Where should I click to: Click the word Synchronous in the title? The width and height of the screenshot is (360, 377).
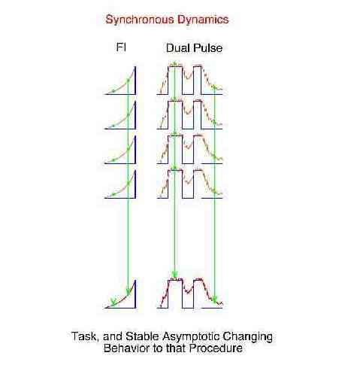[140, 20]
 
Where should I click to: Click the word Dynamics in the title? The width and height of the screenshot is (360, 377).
[203, 20]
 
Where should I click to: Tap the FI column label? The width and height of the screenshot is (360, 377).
[121, 47]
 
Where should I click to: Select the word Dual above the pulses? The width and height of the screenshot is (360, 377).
[177, 48]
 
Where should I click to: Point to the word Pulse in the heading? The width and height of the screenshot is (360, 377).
[207, 48]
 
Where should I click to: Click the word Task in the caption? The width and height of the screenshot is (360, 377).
[85, 336]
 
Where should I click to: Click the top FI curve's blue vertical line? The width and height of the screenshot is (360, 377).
[135, 81]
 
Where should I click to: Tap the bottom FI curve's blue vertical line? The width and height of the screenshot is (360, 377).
[135, 294]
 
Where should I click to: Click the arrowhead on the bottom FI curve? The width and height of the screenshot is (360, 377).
[128, 293]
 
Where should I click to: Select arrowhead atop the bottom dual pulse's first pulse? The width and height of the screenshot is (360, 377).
[174, 275]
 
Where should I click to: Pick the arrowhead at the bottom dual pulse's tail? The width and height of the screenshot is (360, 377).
[215, 299]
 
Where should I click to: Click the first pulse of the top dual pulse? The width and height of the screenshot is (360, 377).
[175, 81]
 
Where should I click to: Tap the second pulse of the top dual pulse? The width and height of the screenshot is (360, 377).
[198, 81]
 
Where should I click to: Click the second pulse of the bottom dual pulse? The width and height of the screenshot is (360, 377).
[198, 293]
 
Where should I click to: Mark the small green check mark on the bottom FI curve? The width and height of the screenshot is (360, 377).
[113, 301]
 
